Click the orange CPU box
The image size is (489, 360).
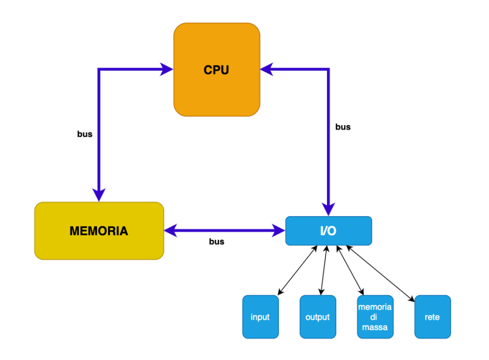coord(217,70)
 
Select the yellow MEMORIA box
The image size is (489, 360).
coord(99,231)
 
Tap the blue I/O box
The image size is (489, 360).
coord(328,231)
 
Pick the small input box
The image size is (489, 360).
coord(260,317)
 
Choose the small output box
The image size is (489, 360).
coord(318,317)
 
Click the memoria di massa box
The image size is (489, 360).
coord(375,317)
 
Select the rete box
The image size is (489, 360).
coord(432,317)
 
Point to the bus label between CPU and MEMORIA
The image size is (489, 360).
coord(85,134)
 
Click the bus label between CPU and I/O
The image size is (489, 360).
coord(343,127)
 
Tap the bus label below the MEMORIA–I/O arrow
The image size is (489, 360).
coord(216,242)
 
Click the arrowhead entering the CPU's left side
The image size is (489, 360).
coord(167,70)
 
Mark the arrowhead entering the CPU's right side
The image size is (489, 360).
coord(266,70)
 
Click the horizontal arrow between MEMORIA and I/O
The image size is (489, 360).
coord(224,231)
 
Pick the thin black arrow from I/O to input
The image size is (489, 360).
coord(298,270)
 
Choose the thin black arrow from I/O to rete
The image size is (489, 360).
coord(381,274)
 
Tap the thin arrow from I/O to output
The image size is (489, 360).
coord(323,270)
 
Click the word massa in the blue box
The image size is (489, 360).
coord(375,327)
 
